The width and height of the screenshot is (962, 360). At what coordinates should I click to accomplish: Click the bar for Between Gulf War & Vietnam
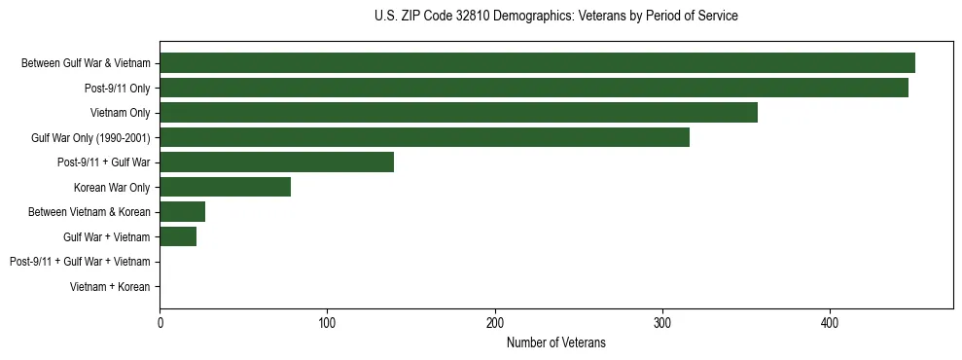pos(537,63)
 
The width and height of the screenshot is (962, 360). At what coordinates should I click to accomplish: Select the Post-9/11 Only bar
pos(534,88)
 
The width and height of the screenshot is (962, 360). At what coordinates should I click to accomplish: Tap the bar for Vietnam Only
pos(458,113)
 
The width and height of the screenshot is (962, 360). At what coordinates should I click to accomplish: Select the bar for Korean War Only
pos(225,187)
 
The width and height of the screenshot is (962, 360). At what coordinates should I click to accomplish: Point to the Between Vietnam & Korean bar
pos(182,212)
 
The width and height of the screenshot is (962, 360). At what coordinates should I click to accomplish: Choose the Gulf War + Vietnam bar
pos(178,236)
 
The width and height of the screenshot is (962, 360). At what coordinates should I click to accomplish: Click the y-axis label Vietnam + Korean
pos(110,287)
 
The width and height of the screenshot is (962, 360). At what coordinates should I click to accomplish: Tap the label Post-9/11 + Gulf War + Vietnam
pos(80,262)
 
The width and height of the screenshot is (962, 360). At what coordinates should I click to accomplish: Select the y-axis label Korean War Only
pos(112,188)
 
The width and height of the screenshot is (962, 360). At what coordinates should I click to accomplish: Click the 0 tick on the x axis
pos(160,322)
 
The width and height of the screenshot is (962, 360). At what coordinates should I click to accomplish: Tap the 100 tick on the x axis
pos(328,322)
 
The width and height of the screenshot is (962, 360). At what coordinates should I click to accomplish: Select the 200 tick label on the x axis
pos(495,322)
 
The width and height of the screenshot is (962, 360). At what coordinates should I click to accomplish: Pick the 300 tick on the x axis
pos(662,322)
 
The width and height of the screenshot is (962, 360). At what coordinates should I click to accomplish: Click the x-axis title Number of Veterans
pos(556,342)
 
